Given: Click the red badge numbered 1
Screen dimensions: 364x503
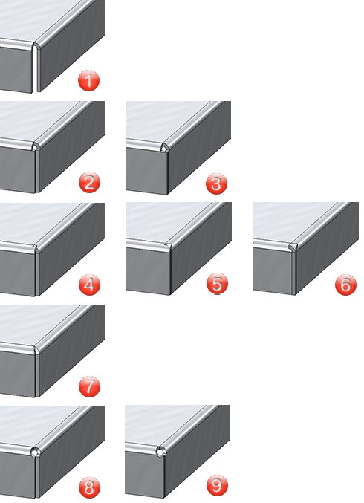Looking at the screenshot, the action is [89, 80].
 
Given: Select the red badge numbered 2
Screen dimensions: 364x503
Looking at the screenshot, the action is [89, 182].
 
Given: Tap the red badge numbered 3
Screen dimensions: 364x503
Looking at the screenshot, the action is [216, 184].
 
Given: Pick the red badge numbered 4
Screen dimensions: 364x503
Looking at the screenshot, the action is [89, 285].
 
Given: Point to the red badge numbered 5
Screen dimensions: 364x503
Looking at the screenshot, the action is [217, 284].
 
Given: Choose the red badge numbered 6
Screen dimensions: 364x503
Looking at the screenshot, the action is [345, 285].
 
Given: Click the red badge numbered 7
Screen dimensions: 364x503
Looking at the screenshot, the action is [89, 386].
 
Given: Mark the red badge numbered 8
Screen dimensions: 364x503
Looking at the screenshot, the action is [89, 488].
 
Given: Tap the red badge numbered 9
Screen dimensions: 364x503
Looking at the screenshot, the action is [217, 486].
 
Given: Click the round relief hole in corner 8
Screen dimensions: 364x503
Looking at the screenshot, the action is [35, 452].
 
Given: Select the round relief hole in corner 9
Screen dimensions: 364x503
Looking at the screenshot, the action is [160, 452].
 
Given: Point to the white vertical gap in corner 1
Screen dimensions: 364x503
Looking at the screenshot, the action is [35, 69].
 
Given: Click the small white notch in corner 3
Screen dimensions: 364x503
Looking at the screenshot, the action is [164, 149].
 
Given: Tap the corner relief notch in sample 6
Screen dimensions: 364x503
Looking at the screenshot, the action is [293, 247].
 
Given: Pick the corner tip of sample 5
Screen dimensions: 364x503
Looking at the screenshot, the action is [169, 246].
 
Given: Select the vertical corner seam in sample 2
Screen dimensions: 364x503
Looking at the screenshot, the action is [36, 172].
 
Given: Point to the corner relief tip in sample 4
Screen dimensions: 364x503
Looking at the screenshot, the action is [36, 248].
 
